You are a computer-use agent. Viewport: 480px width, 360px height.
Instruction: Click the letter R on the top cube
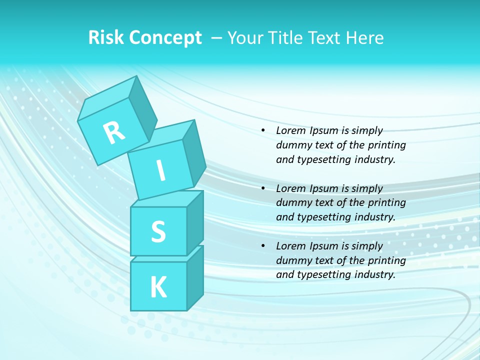[x=114, y=132]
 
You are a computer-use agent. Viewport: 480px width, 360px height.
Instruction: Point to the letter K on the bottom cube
[x=158, y=287]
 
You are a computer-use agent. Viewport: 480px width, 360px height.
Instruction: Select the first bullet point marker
[x=263, y=131]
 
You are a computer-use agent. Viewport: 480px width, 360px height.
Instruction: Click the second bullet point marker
[x=263, y=188]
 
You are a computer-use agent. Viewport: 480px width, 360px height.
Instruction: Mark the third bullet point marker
[x=263, y=246]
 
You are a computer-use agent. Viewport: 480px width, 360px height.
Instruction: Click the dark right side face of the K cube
[x=195, y=277]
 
